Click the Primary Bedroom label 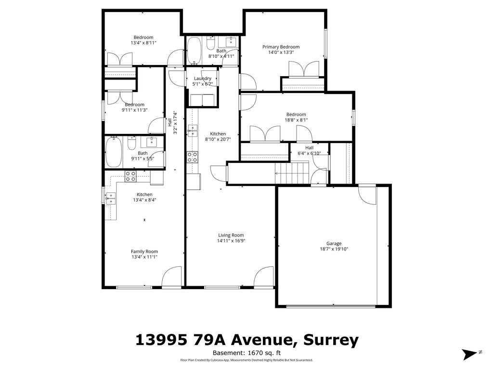[x=281, y=47]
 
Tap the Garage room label [x=334, y=243]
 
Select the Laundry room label [x=203, y=79]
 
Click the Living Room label [x=231, y=235]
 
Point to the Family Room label [x=144, y=251]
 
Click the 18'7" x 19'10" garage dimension [x=334, y=249]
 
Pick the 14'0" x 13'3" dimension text [x=281, y=53]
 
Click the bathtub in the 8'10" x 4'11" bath [x=194, y=52]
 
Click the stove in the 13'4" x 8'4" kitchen [x=130, y=176]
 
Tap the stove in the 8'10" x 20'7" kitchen [x=193, y=156]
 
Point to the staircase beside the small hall [x=292, y=172]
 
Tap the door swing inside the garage [x=367, y=196]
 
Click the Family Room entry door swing [x=170, y=278]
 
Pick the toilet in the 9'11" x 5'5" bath [x=131, y=143]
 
